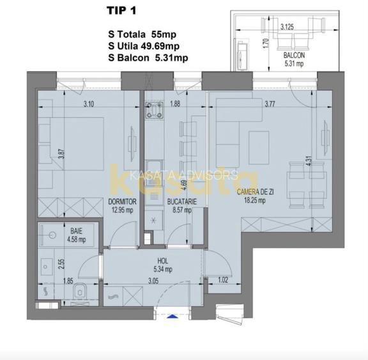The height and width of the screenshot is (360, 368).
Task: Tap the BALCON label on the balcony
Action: pyautogui.click(x=295, y=56)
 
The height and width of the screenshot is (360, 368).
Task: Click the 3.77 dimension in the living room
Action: pyautogui.click(x=273, y=105)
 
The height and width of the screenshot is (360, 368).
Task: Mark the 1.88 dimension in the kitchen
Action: pyautogui.click(x=175, y=105)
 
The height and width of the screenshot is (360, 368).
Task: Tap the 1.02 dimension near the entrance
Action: pyautogui.click(x=222, y=279)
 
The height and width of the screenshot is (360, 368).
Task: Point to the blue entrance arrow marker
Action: pyautogui.click(x=173, y=314)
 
